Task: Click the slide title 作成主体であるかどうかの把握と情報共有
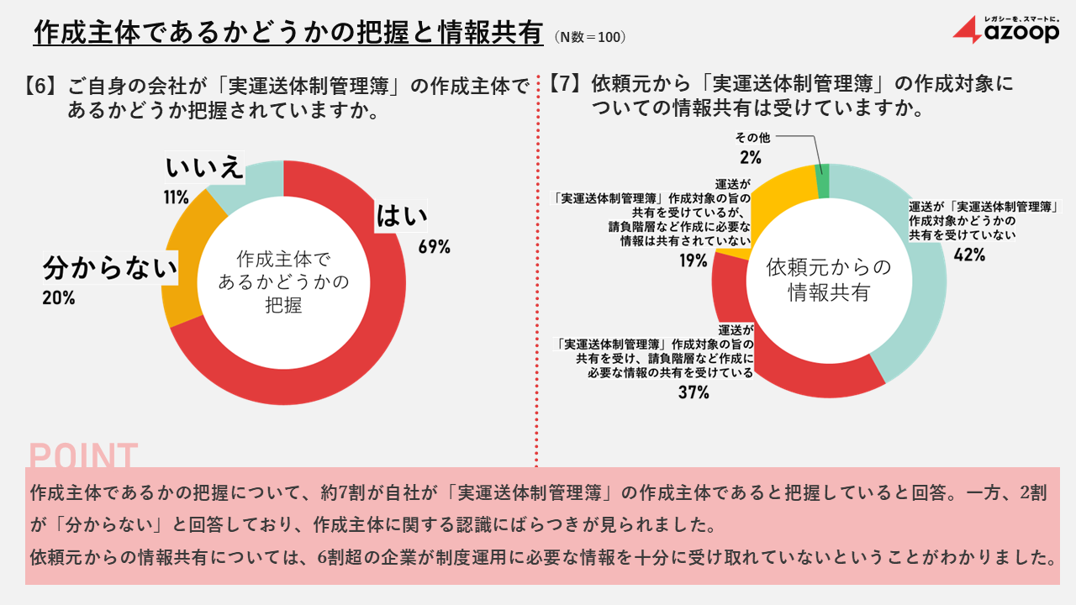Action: pos(288,33)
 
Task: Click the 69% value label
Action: pos(435,247)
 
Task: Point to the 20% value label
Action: pos(59,297)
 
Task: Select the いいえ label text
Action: pos(204,168)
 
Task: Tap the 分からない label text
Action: pos(110,269)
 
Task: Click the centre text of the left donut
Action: pos(283,281)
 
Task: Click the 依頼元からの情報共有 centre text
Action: pos(828,280)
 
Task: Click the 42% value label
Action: pos(969,255)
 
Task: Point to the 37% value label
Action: pos(694,392)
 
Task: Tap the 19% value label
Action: pos(694,260)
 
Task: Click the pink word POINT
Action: pos(83,455)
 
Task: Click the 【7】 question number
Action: pos(565,84)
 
